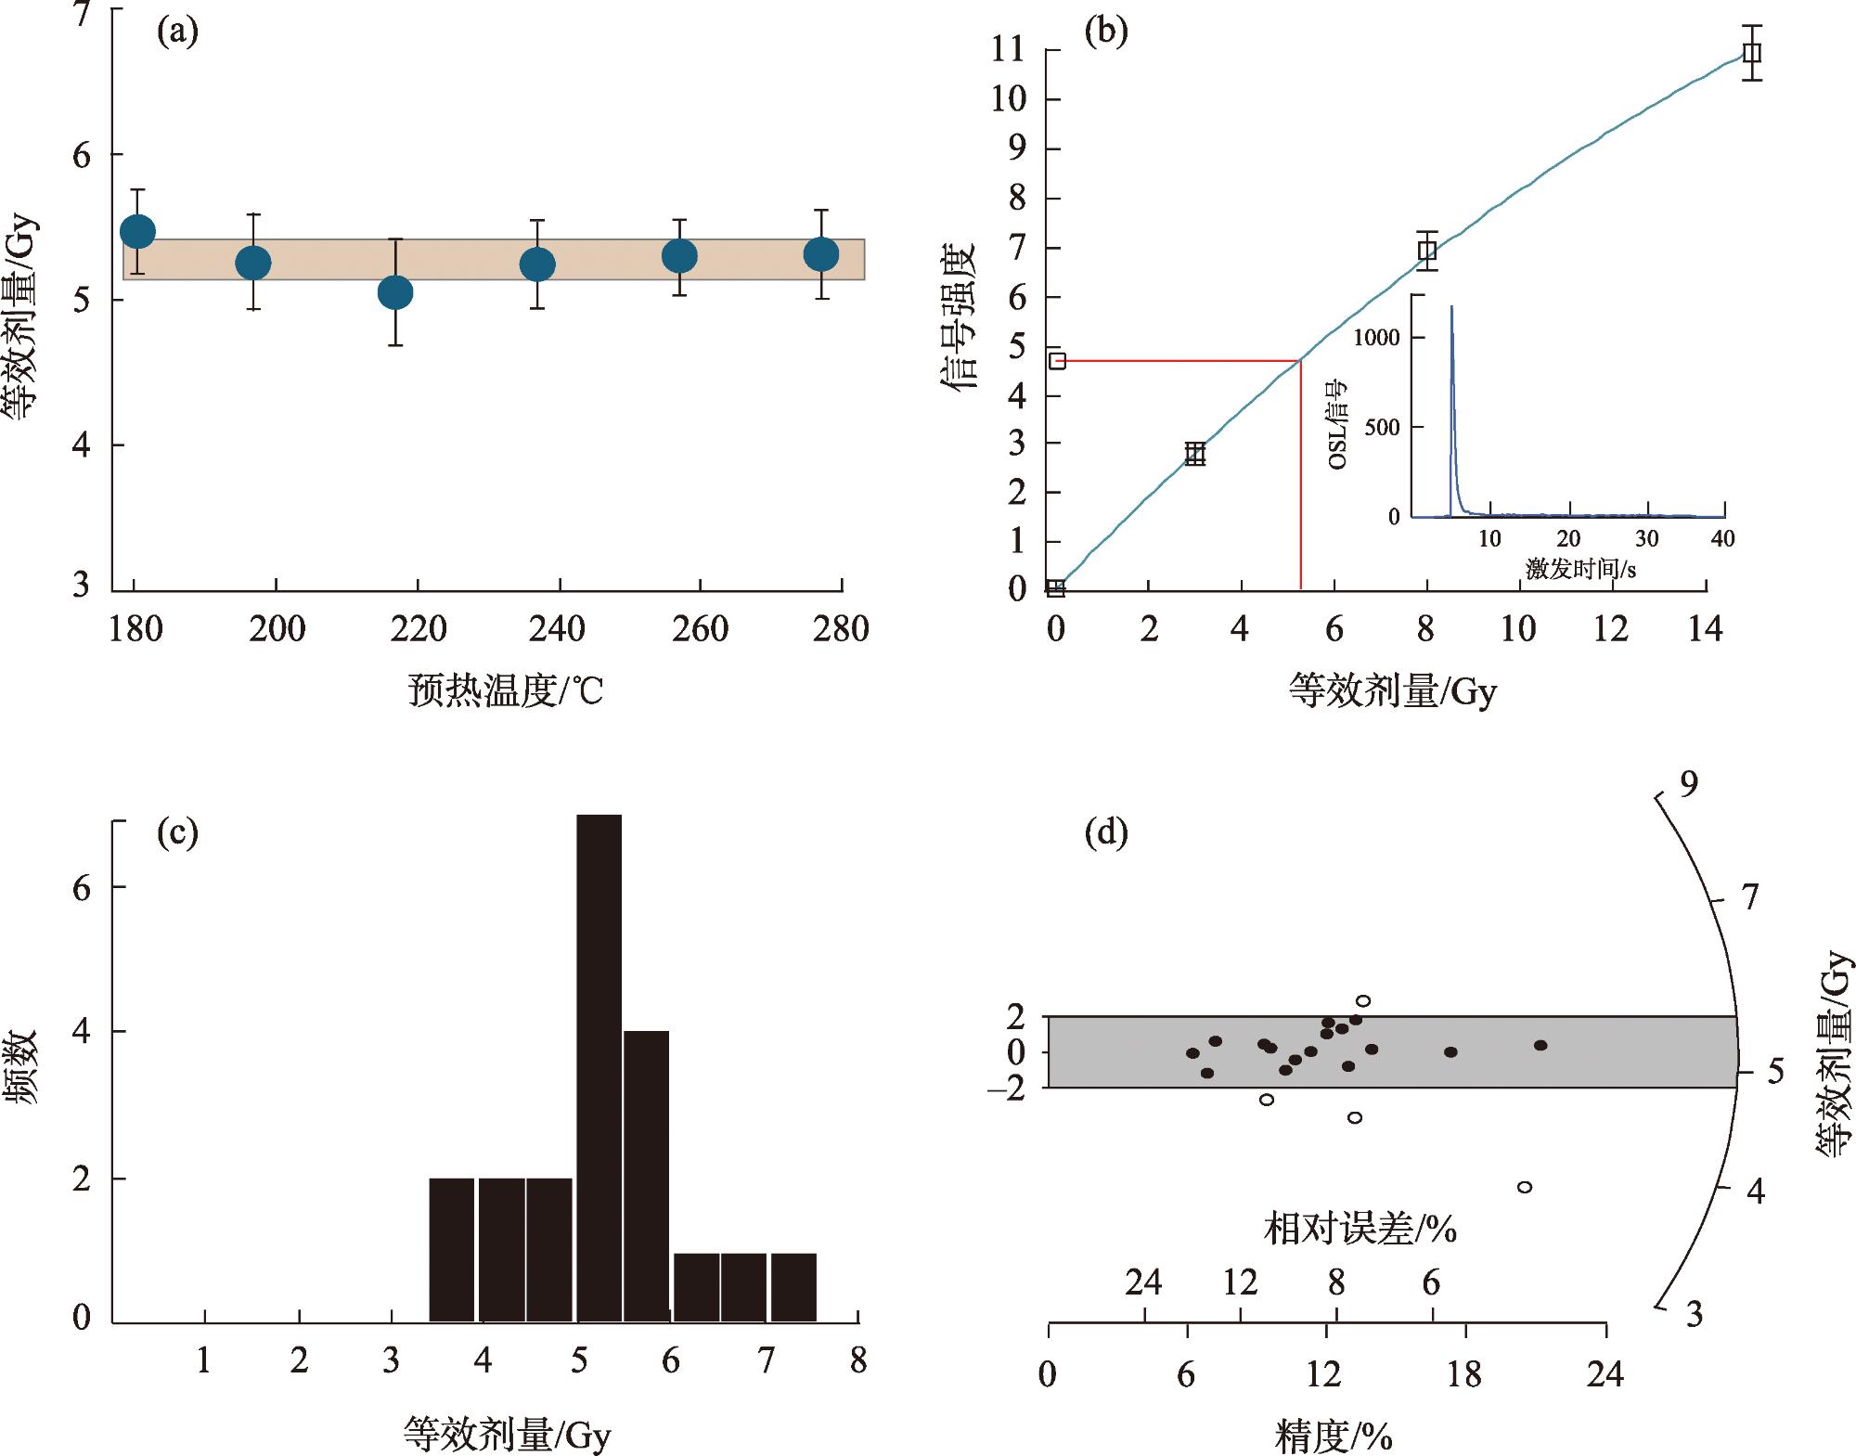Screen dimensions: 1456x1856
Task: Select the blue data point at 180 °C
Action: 137,231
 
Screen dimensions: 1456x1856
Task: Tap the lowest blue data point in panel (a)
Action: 395,293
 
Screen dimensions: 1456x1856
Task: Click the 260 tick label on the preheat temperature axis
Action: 700,629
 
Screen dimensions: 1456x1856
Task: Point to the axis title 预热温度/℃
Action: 506,690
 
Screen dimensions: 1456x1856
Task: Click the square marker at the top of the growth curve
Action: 1751,53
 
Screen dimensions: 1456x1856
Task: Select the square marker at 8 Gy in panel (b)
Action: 1427,250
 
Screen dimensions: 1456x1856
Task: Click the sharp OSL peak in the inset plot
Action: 1452,316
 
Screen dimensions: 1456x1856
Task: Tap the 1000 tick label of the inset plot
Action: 1375,337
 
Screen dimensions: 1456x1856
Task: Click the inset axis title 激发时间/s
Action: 1580,568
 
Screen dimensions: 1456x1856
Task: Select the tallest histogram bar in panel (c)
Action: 599,1067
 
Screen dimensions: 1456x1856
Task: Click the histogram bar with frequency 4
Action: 646,1175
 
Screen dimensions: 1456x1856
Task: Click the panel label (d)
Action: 1105,832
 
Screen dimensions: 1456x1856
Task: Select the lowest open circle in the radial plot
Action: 1524,1187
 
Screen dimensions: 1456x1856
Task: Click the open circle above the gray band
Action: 1363,1000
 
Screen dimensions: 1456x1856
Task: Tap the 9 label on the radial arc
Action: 1689,784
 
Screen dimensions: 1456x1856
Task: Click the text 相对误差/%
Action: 1360,1230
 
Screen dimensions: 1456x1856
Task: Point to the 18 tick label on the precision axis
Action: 1464,1374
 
